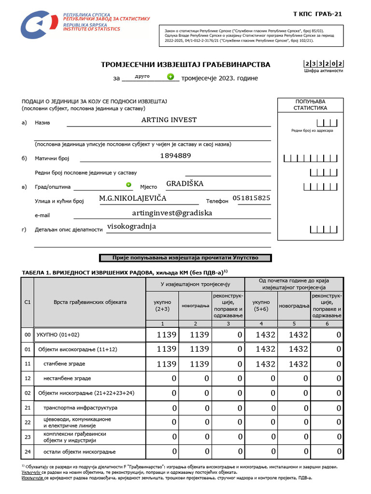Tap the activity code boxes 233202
tap(323, 63)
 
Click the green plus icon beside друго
tap(170, 76)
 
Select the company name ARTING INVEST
tap(169, 120)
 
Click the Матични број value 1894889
tap(175, 155)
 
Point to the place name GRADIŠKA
tap(185, 183)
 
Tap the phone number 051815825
tap(251, 198)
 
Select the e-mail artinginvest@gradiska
tap(171, 212)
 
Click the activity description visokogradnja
tap(131, 226)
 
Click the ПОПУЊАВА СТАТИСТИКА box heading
tap(310, 105)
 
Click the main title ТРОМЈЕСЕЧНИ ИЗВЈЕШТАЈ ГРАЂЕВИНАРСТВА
tap(185, 65)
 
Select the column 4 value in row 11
tap(261, 364)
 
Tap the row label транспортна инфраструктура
tap(80, 408)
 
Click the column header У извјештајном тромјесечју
tap(195, 285)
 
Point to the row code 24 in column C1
tap(28, 452)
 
